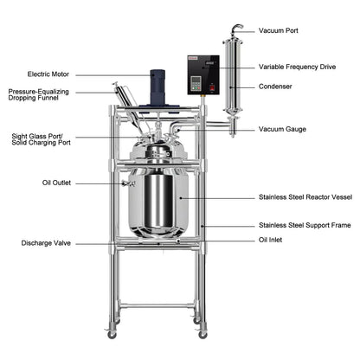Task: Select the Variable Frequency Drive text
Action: click(x=299, y=67)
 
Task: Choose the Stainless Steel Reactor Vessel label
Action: click(x=305, y=197)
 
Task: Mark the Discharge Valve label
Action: click(x=47, y=243)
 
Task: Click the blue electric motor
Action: click(x=158, y=84)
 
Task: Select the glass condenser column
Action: click(x=231, y=78)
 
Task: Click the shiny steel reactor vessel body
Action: click(x=157, y=201)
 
